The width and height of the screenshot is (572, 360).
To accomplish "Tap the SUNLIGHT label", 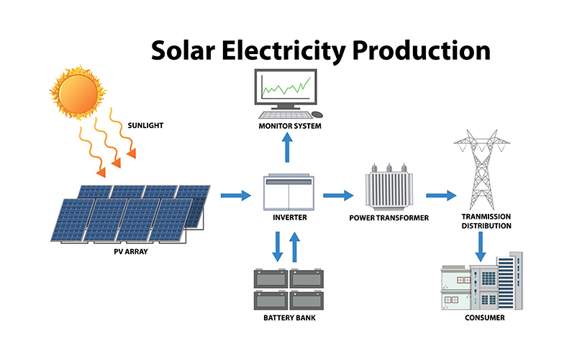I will (x=145, y=125).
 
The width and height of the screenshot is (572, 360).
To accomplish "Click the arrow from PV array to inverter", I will (x=234, y=195).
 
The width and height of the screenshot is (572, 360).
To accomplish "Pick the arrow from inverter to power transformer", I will (x=338, y=195).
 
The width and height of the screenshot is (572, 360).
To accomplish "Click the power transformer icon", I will (x=389, y=191).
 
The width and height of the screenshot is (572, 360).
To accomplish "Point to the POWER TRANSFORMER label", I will (x=389, y=217).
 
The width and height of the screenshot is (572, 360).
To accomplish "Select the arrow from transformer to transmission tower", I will (x=441, y=195).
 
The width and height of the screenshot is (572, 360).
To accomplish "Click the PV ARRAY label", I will (x=130, y=251).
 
